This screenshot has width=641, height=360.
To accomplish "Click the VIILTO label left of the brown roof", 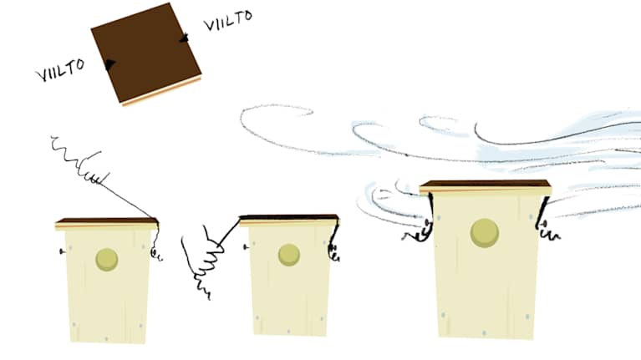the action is pos(60,70).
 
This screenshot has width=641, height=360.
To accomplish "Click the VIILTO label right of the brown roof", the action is pos(227,20).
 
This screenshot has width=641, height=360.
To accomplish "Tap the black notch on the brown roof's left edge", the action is pos(109,64).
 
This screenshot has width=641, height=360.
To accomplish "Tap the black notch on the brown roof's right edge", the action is pos(185,38).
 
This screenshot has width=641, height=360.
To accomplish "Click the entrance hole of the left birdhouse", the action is pos(107,260).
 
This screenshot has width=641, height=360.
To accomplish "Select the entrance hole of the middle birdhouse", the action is pos(289,255).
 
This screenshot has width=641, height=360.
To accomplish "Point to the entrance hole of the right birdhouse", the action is pos(485,233).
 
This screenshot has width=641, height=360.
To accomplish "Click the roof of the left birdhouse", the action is pos(107,224).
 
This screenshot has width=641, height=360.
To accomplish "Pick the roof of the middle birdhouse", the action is pos(288,221).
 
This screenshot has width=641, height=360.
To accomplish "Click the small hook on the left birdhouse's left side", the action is pos(62,251).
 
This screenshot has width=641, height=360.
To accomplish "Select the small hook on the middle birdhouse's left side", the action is pos(246,247).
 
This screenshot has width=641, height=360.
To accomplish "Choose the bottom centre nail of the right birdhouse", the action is pos(484,333).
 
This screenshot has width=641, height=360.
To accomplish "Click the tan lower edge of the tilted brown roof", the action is pos(162,91).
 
